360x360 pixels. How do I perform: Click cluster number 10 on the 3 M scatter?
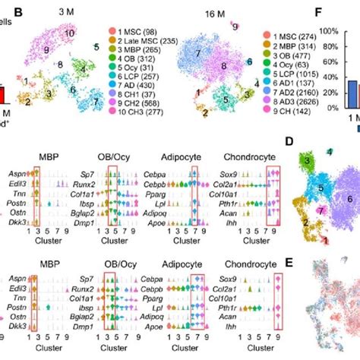click(69, 34)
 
